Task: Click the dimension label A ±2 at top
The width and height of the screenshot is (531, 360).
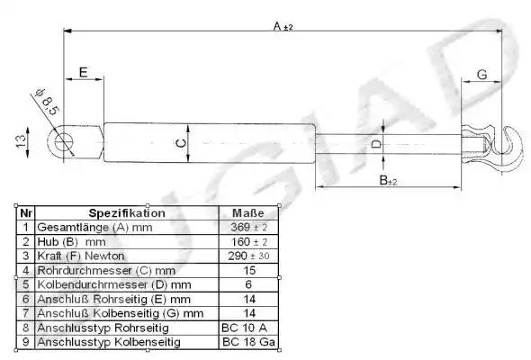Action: pyautogui.click(x=283, y=26)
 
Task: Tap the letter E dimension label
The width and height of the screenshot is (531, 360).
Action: pyautogui.click(x=84, y=72)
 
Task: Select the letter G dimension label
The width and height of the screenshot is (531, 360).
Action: pyautogui.click(x=481, y=74)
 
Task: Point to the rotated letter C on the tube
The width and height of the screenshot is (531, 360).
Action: pyautogui.click(x=181, y=143)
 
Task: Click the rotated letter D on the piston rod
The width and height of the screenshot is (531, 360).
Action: pyautogui.click(x=376, y=144)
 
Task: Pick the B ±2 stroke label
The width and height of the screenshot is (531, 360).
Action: pyautogui.click(x=388, y=180)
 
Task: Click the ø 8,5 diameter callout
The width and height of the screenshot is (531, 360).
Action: pyautogui.click(x=47, y=102)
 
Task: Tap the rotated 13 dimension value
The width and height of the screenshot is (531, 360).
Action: pyautogui.click(x=21, y=140)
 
